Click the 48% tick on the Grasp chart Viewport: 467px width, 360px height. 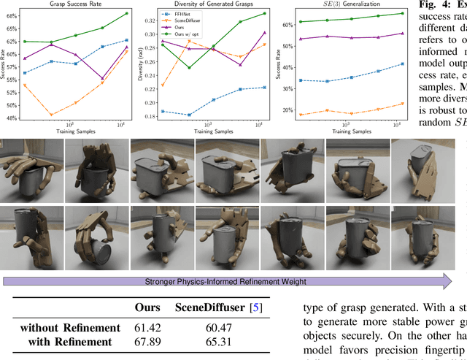click(15, 117)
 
